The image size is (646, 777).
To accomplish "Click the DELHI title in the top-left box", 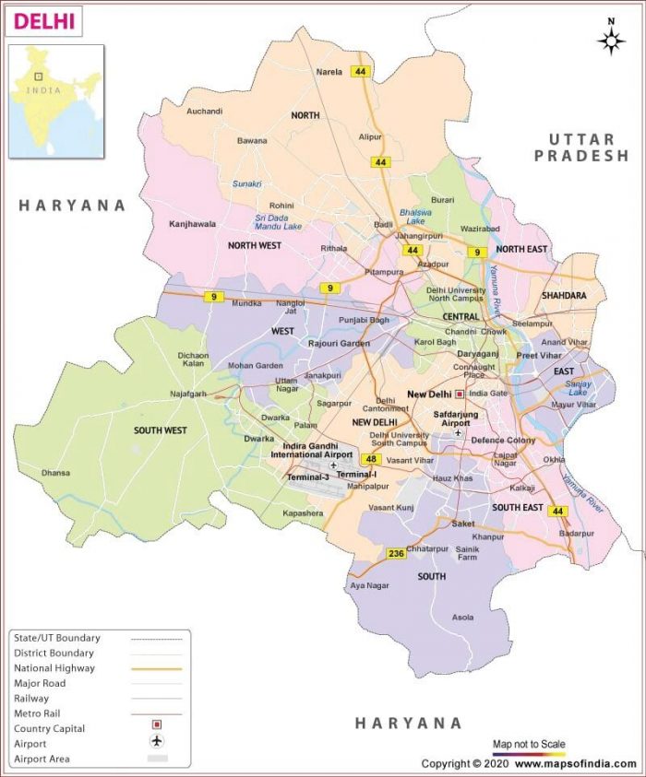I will (44, 20).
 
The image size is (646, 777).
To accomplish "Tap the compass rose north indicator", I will (611, 39).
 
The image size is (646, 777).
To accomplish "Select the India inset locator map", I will (56, 100).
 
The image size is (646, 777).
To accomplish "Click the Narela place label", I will (329, 72).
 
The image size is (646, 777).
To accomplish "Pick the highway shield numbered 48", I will (372, 459).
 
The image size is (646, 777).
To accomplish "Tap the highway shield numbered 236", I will (396, 553).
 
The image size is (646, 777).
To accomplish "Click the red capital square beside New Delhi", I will (460, 394).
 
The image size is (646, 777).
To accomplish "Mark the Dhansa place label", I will (55, 474).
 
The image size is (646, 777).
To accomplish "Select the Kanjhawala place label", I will (192, 224).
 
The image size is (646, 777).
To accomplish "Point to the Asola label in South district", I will (463, 618).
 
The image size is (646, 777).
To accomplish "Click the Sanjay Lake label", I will (579, 388).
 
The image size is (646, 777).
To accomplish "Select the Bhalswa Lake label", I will (415, 217).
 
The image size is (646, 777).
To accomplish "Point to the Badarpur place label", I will (576, 533).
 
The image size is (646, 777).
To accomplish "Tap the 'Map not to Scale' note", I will (528, 744).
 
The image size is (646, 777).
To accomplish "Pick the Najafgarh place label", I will (187, 394).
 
